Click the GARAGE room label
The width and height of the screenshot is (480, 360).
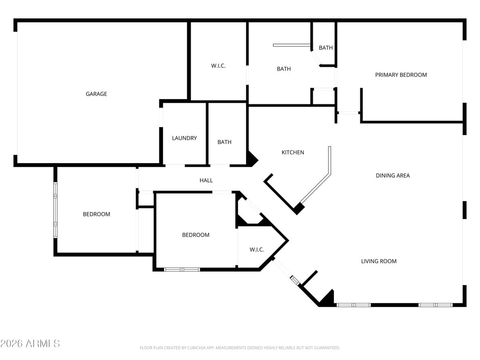pos(96,94)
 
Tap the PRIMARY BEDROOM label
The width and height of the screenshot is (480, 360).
pos(401,75)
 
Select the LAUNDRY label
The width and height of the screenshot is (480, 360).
pos(184,138)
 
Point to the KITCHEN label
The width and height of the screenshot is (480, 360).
pos(293,152)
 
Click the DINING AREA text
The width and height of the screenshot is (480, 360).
pos(393,175)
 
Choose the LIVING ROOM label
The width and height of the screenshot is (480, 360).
pos(379,261)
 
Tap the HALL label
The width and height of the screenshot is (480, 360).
pos(206,180)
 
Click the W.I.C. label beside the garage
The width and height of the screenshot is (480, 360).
pos(218,66)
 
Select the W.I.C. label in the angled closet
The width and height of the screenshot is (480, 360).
pos(257,250)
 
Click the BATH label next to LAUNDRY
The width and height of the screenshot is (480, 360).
pos(224,142)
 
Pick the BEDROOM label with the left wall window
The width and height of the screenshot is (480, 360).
pos(96,214)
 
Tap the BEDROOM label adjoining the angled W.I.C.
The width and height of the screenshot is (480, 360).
pos(196,235)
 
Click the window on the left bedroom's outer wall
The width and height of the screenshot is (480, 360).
pos(56,210)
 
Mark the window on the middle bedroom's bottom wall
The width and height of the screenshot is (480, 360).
pos(182,270)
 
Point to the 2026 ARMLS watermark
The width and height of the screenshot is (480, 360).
pos(30,343)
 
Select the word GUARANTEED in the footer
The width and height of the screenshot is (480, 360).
pos(326,348)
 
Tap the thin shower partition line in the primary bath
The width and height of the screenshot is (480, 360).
pos(292,45)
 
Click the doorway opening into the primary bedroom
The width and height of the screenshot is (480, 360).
pos(348,113)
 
